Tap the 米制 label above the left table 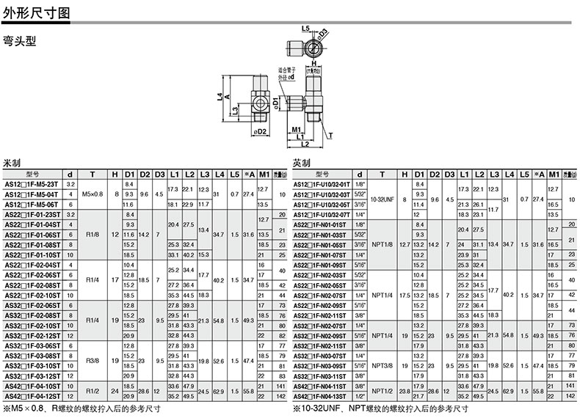point(12,163)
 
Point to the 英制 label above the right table point(302,163)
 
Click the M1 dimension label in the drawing point(297,130)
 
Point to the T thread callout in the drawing point(330,135)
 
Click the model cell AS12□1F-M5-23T point(35,183)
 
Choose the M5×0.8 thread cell point(93,194)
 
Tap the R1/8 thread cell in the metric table point(93,235)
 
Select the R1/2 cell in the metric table point(93,392)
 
